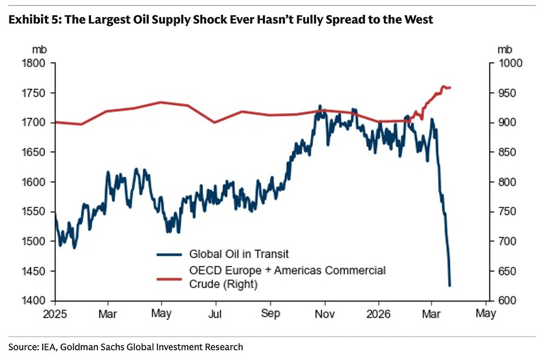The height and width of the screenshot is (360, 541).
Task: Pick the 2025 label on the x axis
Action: [x=55, y=313]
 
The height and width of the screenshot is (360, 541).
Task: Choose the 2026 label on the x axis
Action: [x=378, y=313]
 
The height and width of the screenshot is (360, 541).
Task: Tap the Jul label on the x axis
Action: [x=216, y=313]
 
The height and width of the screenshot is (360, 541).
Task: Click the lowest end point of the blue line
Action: [x=449, y=285]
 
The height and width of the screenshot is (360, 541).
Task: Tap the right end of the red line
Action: [x=450, y=88]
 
